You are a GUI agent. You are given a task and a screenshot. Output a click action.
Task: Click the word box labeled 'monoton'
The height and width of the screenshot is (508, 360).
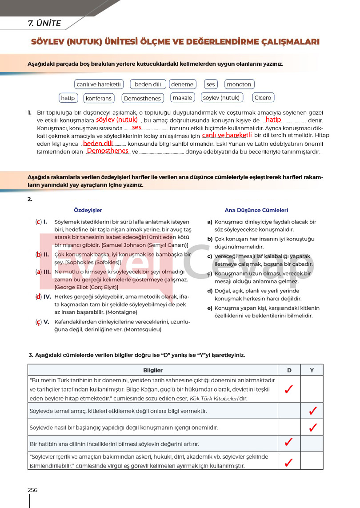239,84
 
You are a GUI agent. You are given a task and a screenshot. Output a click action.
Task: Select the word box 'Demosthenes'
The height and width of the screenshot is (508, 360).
142,98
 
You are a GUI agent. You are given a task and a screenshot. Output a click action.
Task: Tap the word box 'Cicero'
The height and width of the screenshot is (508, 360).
263,98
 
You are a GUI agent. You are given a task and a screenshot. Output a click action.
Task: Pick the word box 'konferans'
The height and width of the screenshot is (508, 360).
98,98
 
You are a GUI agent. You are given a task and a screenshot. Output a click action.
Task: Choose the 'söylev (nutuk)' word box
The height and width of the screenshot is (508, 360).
221,98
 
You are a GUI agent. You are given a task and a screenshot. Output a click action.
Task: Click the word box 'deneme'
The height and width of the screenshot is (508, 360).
182,84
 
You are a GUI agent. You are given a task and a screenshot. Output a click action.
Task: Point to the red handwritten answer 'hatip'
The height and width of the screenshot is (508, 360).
273,120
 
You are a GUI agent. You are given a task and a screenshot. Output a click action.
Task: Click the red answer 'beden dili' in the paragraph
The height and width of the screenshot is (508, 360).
98,144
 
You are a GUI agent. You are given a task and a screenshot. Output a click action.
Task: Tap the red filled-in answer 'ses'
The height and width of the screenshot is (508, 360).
136,127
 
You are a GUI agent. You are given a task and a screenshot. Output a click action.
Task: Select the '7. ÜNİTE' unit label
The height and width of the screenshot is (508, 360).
44,24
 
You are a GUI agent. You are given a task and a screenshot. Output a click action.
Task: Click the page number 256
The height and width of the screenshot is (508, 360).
32,490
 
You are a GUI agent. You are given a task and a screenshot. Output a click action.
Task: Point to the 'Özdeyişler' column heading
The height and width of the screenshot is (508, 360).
88,210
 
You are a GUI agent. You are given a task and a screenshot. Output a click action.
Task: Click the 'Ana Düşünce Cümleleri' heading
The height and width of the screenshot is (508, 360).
256,210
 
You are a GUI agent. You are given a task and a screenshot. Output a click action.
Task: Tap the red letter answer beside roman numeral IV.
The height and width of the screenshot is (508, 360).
39,296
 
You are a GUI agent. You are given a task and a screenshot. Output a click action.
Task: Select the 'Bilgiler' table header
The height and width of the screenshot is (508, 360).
152,370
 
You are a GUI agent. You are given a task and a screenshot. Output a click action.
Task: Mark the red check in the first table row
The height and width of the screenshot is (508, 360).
288,390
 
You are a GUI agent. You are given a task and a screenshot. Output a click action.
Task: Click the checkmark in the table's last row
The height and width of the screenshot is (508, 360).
288,462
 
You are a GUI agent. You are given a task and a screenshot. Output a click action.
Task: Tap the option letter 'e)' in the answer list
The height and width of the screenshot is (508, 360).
210,308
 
